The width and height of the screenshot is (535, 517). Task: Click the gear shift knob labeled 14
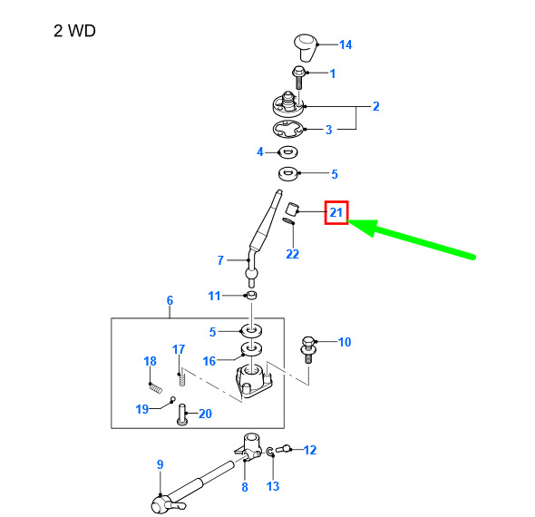point(306,47)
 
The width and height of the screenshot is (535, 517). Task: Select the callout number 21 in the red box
point(336,212)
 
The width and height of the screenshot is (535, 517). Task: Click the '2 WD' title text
point(74,31)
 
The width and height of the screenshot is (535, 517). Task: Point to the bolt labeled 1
point(298,77)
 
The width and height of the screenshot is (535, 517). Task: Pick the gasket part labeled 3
point(288,130)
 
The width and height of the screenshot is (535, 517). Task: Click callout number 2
point(376,106)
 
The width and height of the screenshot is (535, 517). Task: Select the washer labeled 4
point(288,151)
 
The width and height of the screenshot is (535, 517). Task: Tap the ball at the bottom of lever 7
point(251,273)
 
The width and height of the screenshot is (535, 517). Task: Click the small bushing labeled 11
point(251,295)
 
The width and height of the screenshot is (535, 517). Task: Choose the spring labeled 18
point(155,388)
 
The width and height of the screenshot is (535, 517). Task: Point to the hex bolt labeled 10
point(308,350)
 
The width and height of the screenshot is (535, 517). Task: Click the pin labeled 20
point(182,415)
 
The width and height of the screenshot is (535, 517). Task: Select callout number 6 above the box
point(170,300)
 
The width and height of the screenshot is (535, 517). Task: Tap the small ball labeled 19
point(172,398)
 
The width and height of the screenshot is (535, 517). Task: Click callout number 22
point(292,254)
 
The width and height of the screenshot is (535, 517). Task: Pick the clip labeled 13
point(270,453)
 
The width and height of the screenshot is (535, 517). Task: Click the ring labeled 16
point(251,349)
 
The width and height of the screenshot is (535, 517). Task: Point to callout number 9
point(160,464)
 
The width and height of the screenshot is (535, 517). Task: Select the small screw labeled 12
point(283,449)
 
